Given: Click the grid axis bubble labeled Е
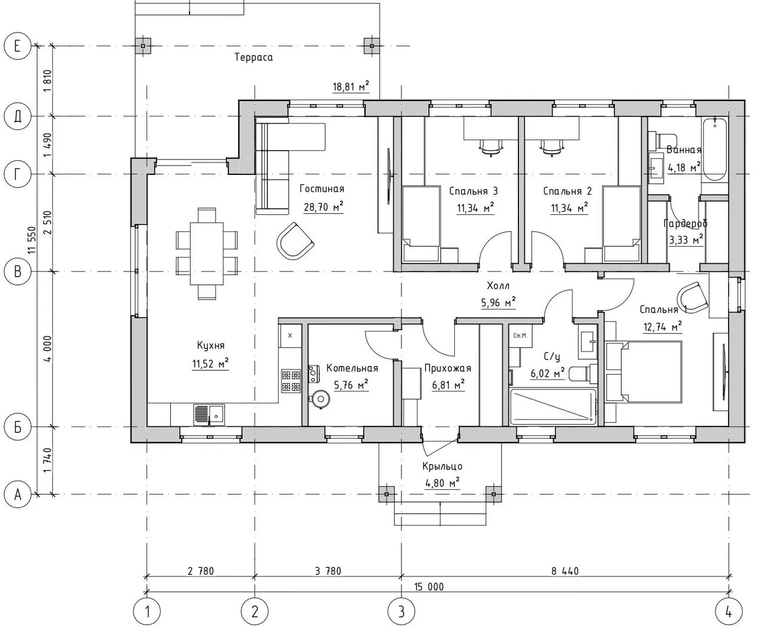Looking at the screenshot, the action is [x=17, y=46].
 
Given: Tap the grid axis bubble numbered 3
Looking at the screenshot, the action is [x=401, y=611].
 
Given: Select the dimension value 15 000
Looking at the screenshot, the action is [x=428, y=587].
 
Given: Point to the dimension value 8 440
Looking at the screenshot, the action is [x=565, y=571].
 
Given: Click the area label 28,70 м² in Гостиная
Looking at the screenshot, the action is [x=324, y=207].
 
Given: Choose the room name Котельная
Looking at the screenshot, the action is [x=352, y=368].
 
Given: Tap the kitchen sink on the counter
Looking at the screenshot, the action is [x=209, y=415].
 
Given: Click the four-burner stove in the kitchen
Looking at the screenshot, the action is [x=291, y=381].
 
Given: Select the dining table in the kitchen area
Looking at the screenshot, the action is [x=207, y=254].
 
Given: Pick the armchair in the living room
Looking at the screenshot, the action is [x=295, y=241].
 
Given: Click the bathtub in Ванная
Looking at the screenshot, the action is [x=714, y=149].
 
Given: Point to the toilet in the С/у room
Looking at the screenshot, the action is [x=583, y=374].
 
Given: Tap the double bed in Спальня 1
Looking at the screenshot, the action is [x=644, y=372].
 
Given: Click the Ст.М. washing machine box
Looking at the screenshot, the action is [x=520, y=336].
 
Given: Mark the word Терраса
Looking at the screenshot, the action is [x=254, y=58].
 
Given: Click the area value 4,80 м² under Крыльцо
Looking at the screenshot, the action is [x=442, y=482].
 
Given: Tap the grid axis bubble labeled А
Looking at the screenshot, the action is [x=17, y=494].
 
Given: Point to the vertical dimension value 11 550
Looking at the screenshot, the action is [x=32, y=240].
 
